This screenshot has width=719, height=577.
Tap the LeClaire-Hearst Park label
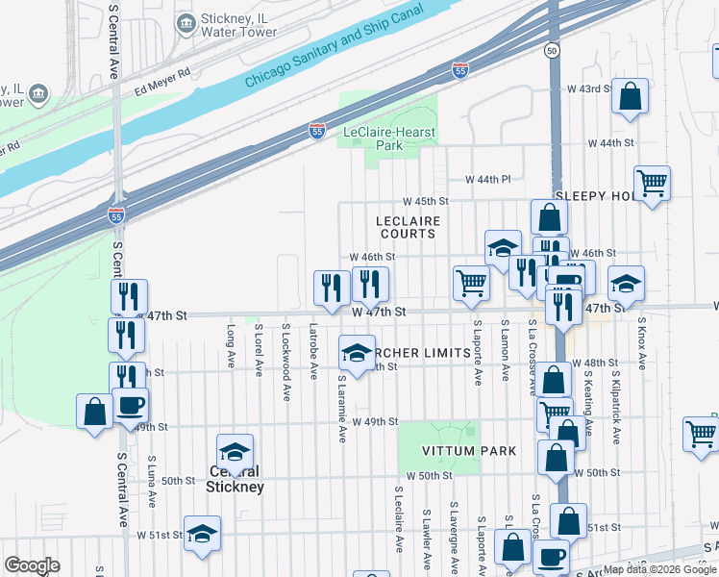pyautogui.click(x=389, y=138)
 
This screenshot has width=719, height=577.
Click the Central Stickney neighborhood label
pyautogui.click(x=235, y=479)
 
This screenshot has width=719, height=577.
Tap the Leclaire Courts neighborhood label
pyautogui.click(x=409, y=227)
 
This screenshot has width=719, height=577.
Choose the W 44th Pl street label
pyautogui.click(x=488, y=180)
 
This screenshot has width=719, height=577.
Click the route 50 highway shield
pyautogui.click(x=551, y=49)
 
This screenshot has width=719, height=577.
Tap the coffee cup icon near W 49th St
pyautogui.click(x=130, y=404)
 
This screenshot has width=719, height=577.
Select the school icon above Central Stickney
pyautogui.click(x=236, y=450)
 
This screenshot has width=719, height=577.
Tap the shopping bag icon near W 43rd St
pyautogui.click(x=630, y=96)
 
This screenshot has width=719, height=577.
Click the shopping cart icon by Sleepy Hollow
pyautogui.click(x=653, y=182)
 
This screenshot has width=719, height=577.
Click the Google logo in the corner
pyautogui.click(x=33, y=564)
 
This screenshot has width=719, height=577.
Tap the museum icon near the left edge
pyautogui.click(x=38, y=93)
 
